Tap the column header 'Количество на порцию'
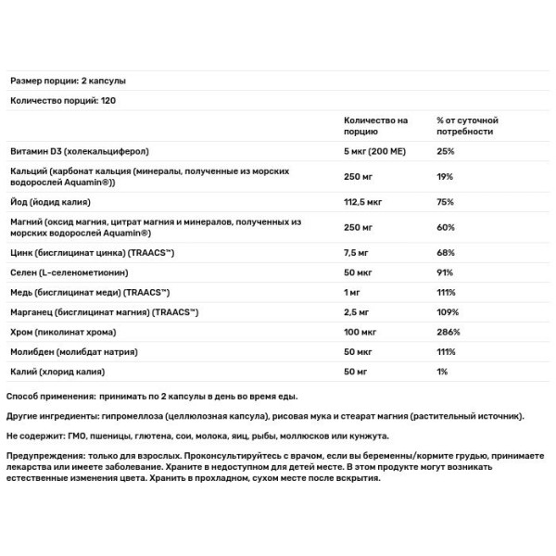[375, 126]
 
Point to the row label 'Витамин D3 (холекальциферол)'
[79, 151]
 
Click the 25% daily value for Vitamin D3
[446, 151]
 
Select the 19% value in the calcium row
[445, 176]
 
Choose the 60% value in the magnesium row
[446, 227]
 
